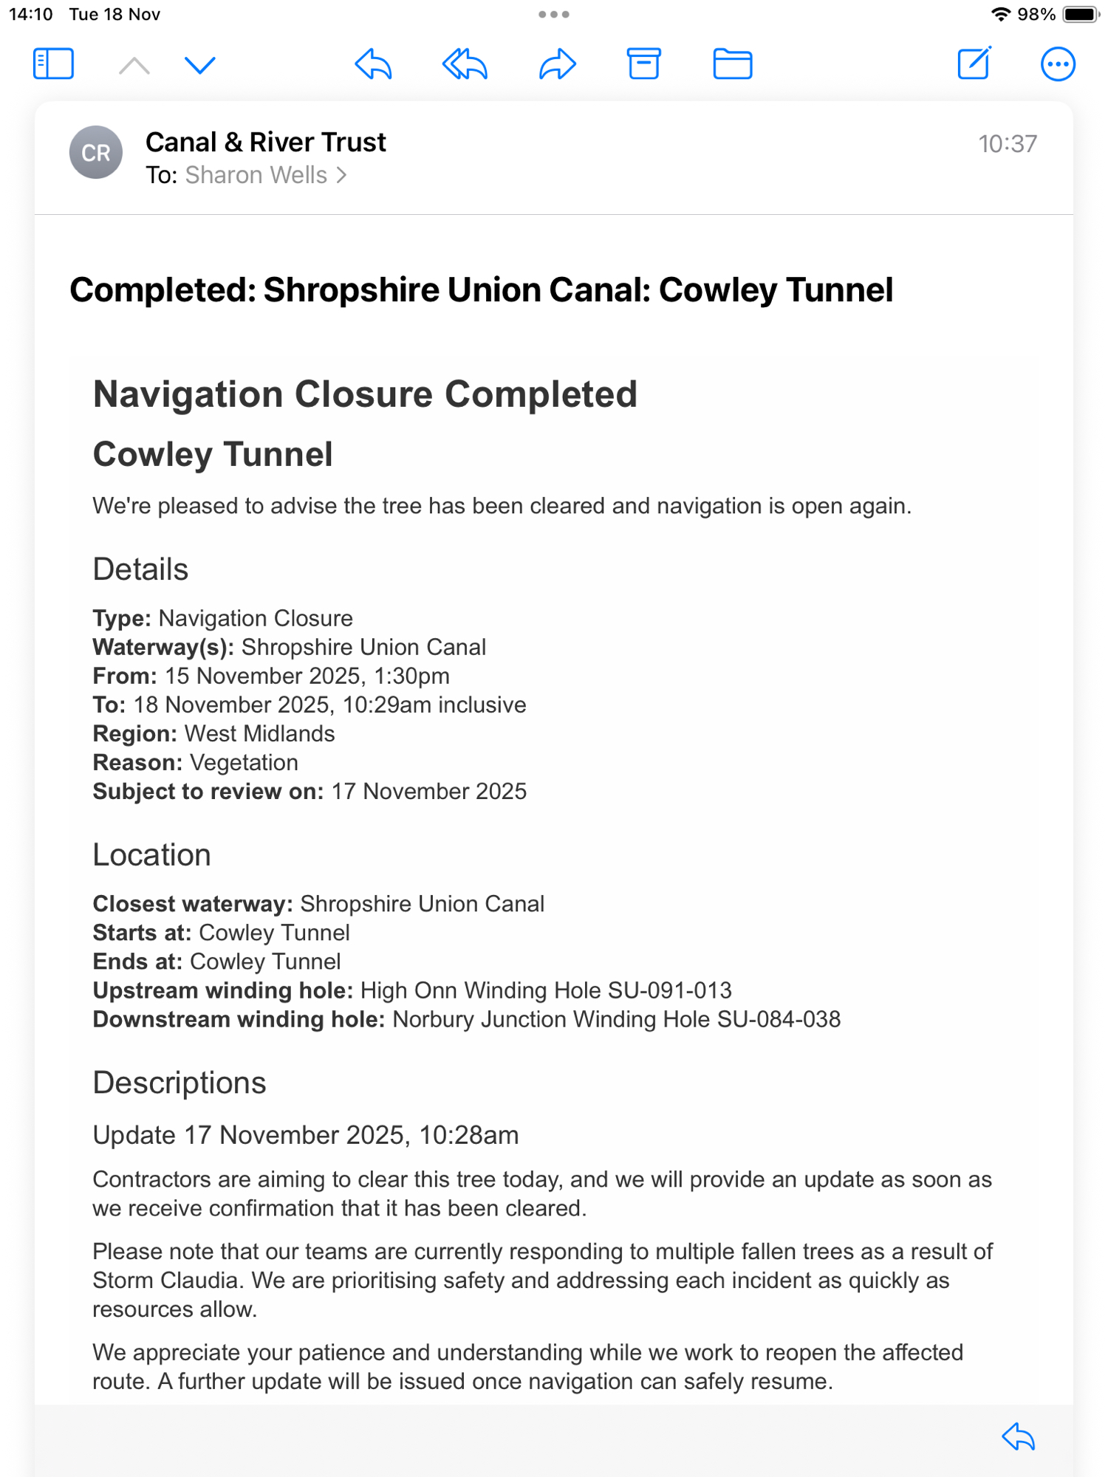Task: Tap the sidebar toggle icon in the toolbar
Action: pyautogui.click(x=53, y=64)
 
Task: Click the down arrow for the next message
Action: pyautogui.click(x=199, y=65)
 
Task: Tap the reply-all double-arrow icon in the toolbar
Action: pyautogui.click(x=465, y=64)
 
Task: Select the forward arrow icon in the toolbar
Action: pyautogui.click(x=558, y=64)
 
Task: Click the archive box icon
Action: pyautogui.click(x=643, y=64)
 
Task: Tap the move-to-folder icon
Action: pyautogui.click(x=732, y=64)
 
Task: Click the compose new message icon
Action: pyautogui.click(x=974, y=64)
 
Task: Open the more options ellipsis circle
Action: pyautogui.click(x=1058, y=64)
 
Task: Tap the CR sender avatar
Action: pyautogui.click(x=96, y=153)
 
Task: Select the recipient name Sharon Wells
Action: pyautogui.click(x=256, y=175)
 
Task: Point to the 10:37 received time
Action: pyautogui.click(x=1008, y=144)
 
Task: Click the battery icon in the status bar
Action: pyautogui.click(x=1081, y=15)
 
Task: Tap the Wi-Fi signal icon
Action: pyautogui.click(x=1000, y=15)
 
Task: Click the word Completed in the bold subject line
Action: pyautogui.click(x=163, y=290)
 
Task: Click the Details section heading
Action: pyautogui.click(x=140, y=569)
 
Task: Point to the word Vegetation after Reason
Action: pyautogui.click(x=244, y=762)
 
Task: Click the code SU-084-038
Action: pyautogui.click(x=779, y=1019)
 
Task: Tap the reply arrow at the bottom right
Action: pyautogui.click(x=1019, y=1437)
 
